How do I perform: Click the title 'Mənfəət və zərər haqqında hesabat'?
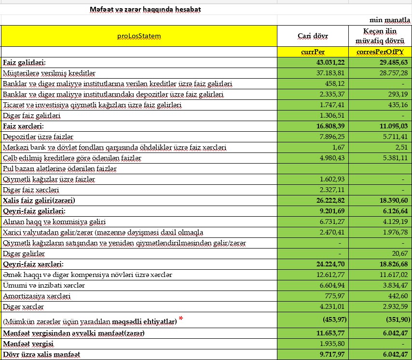click(146, 9)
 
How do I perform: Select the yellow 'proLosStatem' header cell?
click(139, 36)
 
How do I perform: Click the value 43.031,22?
click(329, 63)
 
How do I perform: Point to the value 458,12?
click(335, 83)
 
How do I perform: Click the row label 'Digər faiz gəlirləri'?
click(32, 116)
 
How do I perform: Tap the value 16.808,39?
click(329, 126)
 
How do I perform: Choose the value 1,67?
click(339, 147)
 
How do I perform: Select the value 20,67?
click(400, 253)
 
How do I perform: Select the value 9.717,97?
click(330, 355)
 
